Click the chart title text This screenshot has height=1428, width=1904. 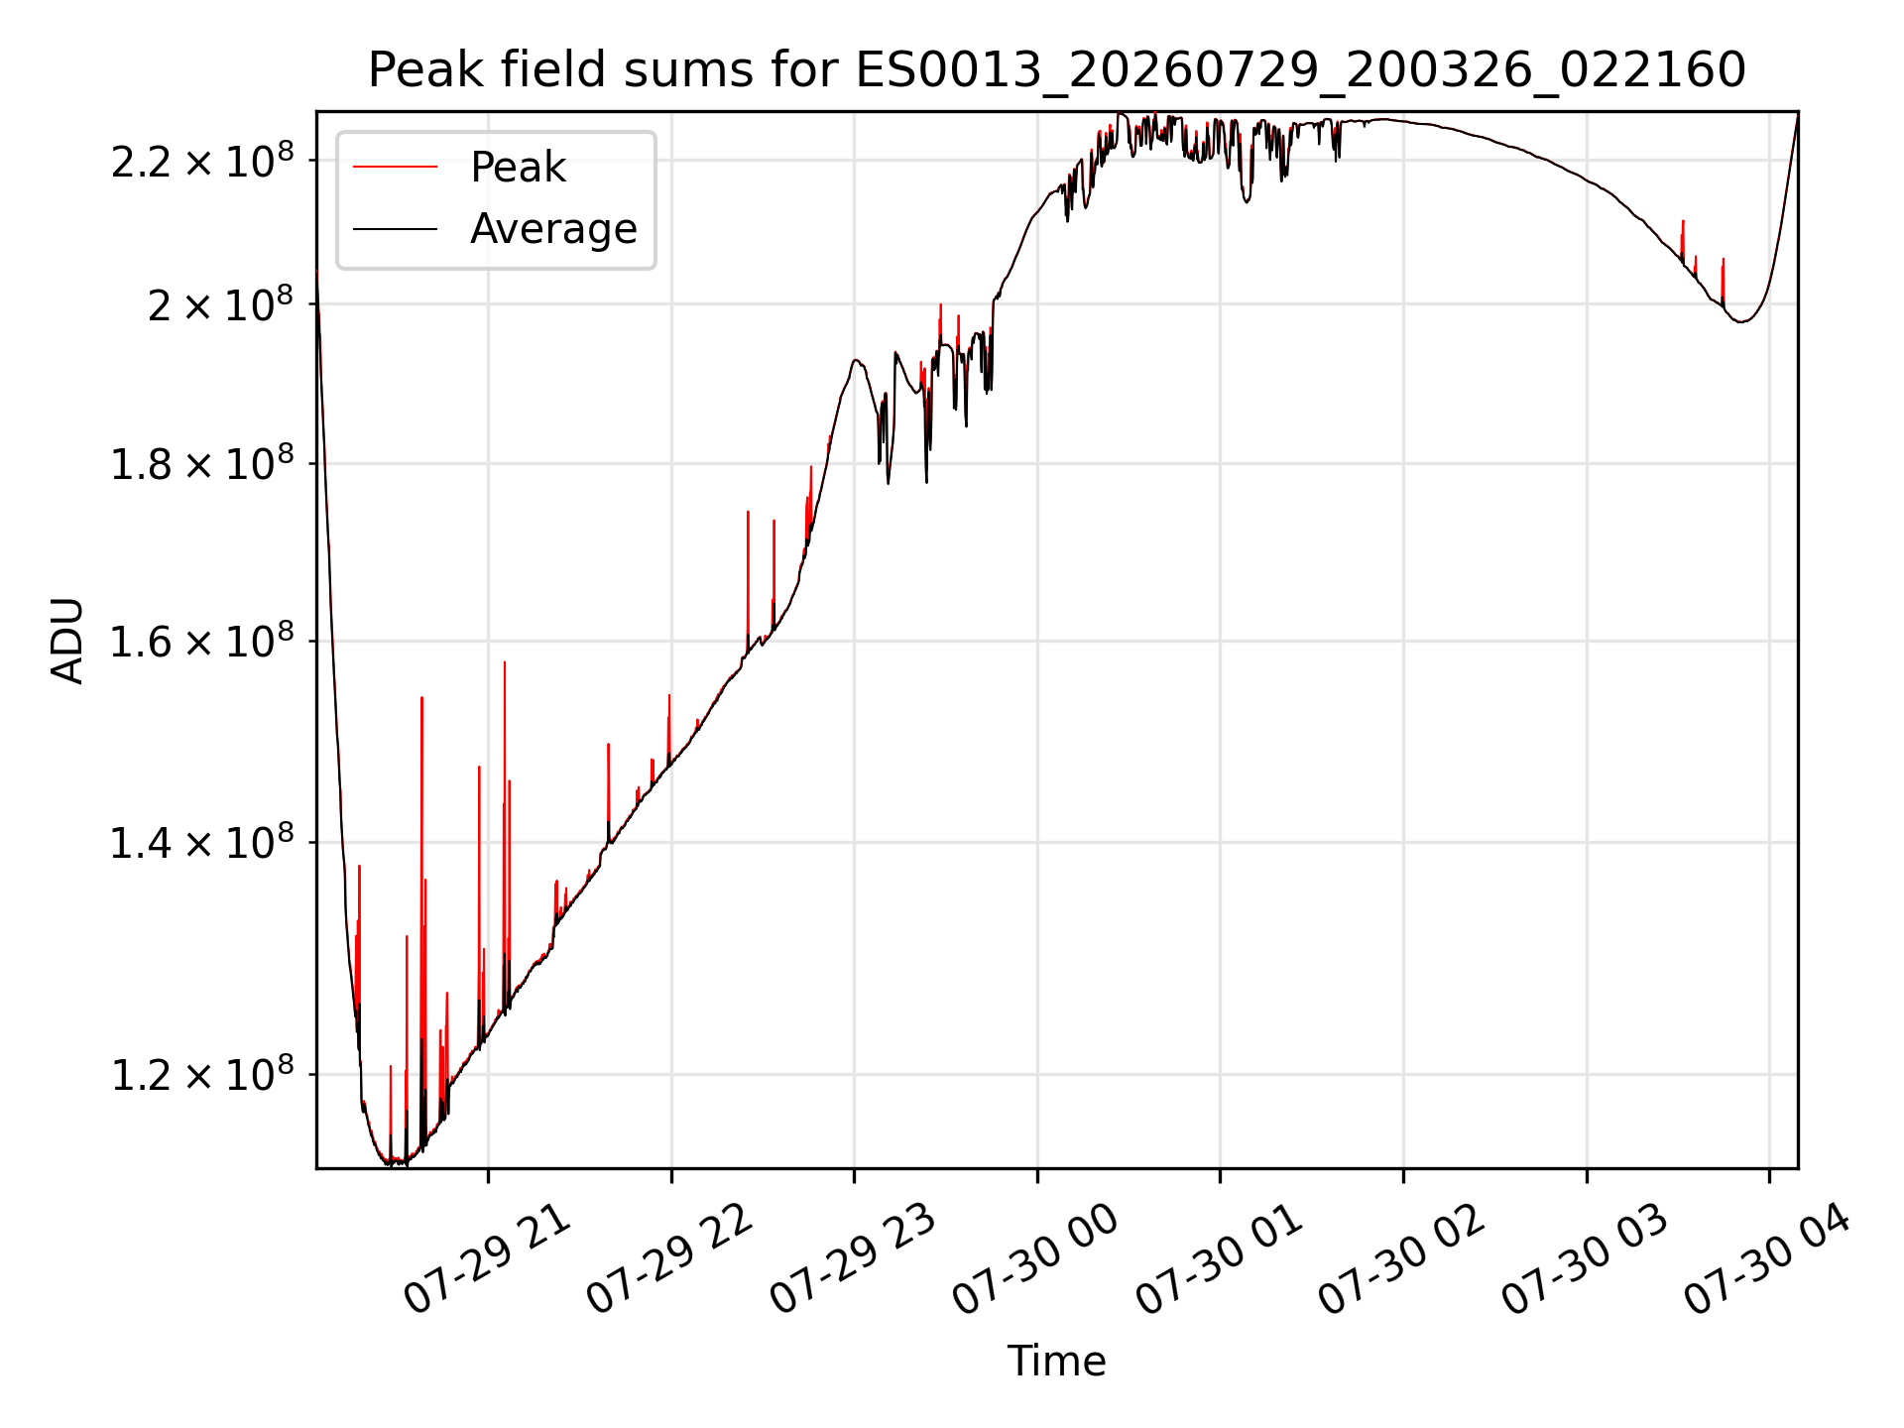tap(1056, 70)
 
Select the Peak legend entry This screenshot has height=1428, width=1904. tap(518, 168)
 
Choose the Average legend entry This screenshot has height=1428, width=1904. tap(553, 229)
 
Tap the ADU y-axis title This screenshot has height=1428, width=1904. tap(67, 641)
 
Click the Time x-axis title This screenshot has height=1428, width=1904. tap(1056, 1361)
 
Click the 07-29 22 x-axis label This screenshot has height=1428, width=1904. tap(670, 1259)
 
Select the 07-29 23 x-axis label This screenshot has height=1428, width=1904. tap(854, 1259)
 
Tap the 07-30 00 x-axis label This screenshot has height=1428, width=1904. tap(1036, 1259)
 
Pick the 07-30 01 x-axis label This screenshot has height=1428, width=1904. tap(1220, 1259)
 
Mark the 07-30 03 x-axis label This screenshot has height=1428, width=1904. tap(1586, 1259)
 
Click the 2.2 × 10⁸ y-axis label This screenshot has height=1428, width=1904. tap(202, 161)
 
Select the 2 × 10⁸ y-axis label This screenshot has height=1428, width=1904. tap(220, 303)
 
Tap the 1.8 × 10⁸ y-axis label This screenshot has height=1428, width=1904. tap(202, 463)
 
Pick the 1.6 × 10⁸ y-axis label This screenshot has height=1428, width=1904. tap(202, 641)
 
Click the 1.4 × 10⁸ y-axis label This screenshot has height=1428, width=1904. tap(202, 843)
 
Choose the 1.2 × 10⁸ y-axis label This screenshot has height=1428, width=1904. tap(202, 1074)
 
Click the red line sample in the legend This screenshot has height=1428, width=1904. tap(395, 168)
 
